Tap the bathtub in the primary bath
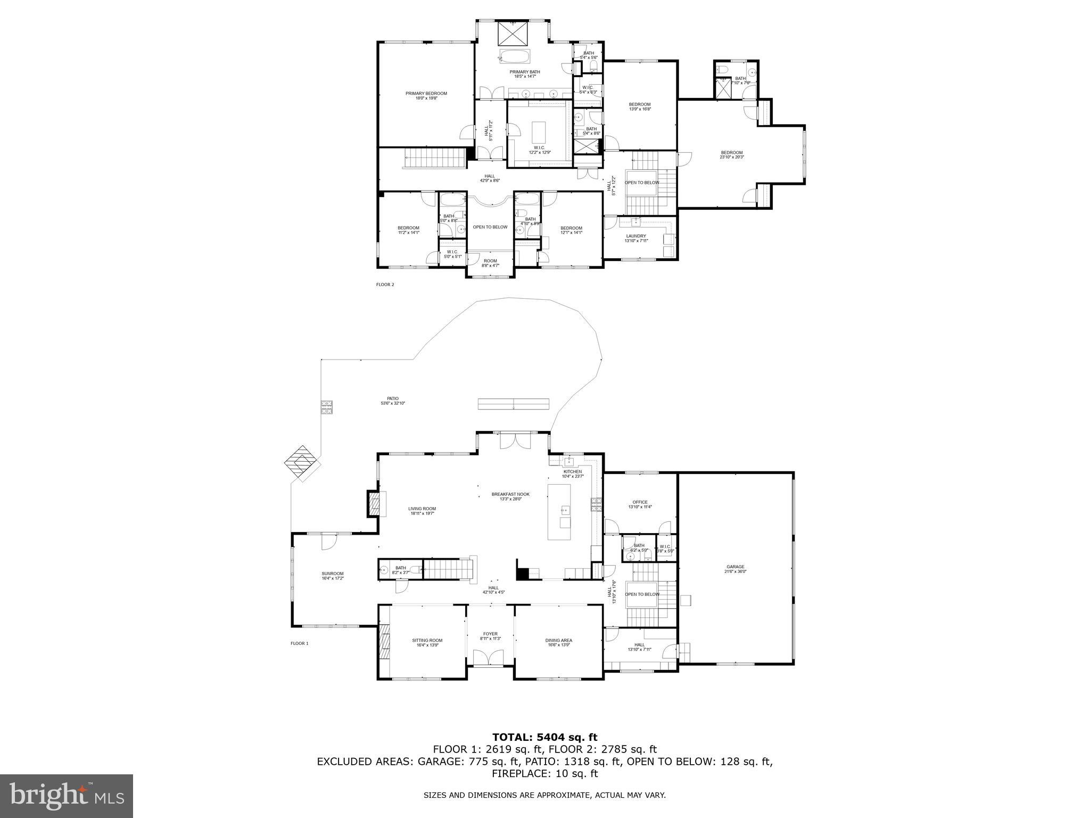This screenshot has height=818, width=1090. tap(514, 56)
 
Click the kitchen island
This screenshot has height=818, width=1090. tap(559, 512)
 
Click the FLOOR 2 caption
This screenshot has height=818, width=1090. tap(385, 284)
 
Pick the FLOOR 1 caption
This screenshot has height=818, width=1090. tap(299, 643)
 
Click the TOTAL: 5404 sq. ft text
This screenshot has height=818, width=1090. tap(544, 737)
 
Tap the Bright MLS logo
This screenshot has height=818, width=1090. tap(67, 796)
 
